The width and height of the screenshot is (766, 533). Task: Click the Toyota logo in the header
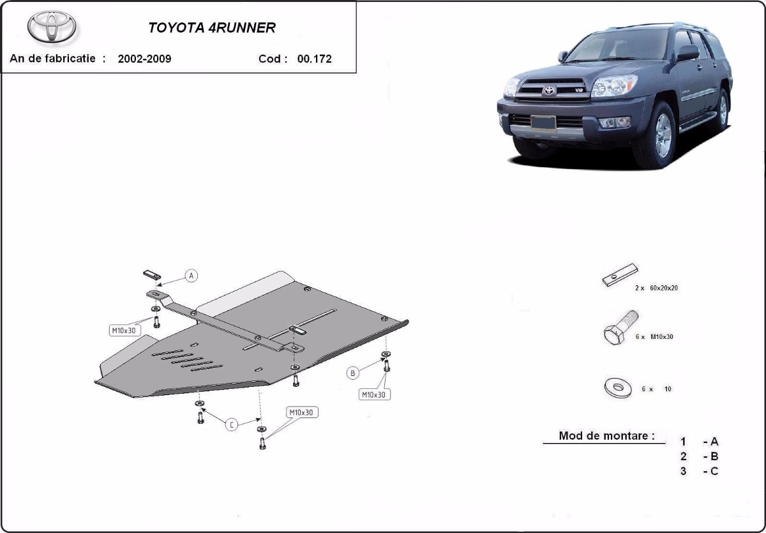coord(52,27)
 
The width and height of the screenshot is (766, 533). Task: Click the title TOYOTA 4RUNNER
coord(212,28)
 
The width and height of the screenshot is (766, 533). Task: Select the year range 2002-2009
coord(144,59)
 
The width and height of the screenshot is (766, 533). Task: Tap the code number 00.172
coord(314,59)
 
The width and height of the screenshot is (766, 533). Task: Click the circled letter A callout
coord(191,276)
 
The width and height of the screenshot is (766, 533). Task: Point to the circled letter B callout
coord(352,373)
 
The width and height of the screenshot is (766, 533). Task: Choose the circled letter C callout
coord(232,424)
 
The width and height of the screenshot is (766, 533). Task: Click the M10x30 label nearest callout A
coord(124,331)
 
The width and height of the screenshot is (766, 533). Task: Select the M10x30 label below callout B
coord(374,394)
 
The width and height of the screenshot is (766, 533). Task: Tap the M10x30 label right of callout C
coord(301,412)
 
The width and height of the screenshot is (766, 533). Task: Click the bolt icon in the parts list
coord(620,327)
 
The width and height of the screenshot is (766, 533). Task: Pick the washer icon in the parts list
coord(618,387)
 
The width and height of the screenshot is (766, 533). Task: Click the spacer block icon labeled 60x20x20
coord(620,275)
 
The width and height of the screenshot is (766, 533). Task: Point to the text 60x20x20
coord(663,289)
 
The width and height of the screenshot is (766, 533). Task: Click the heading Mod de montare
coord(606,435)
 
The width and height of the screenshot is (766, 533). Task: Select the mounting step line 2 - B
coord(699,456)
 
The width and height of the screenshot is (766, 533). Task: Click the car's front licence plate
coord(543,123)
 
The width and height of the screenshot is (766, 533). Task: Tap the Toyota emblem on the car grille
coord(548,90)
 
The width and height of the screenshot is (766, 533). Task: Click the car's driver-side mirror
coord(687,53)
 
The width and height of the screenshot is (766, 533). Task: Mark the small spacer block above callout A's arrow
coord(152,274)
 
